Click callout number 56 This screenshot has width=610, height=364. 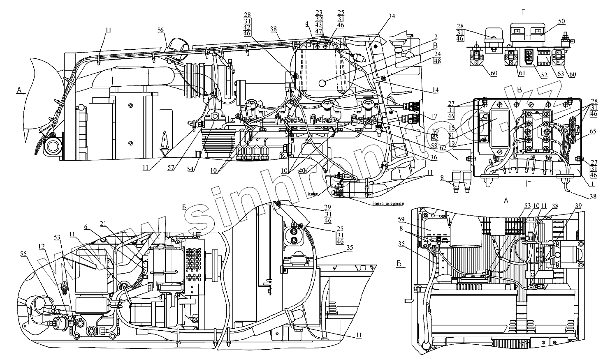point(160,30)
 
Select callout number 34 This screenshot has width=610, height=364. point(392,16)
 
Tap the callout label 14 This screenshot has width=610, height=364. point(435,90)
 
